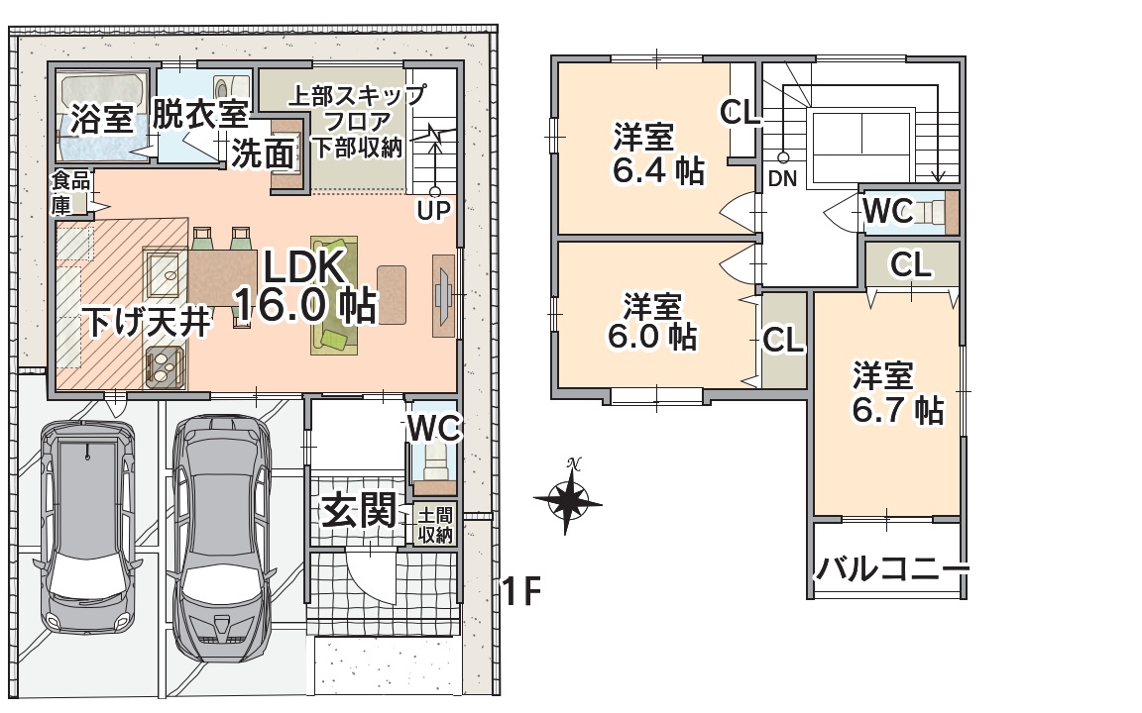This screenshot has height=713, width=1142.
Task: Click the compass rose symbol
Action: (x=568, y=499)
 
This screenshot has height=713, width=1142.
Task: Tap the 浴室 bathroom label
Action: (x=101, y=119)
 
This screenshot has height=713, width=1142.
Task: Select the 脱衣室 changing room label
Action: (x=200, y=114)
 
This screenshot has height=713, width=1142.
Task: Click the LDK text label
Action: (x=303, y=267)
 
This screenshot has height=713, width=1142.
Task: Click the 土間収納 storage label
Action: (x=435, y=525)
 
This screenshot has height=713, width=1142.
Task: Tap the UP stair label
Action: (x=433, y=211)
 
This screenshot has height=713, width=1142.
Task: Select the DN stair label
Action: (x=783, y=179)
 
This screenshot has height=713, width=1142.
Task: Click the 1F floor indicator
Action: (x=522, y=592)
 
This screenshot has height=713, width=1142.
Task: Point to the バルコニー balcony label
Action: (x=891, y=568)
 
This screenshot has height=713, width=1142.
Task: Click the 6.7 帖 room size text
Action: (x=898, y=410)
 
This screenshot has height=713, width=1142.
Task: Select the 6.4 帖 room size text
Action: (x=658, y=171)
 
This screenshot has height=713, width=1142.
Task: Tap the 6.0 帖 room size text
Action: (x=652, y=337)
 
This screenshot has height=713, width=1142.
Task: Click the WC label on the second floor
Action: (x=888, y=212)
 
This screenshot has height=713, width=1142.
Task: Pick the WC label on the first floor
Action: (x=434, y=428)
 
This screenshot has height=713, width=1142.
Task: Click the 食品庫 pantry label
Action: (x=70, y=193)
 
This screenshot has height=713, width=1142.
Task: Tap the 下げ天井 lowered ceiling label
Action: (x=147, y=322)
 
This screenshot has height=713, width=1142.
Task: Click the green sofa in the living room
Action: (x=334, y=295)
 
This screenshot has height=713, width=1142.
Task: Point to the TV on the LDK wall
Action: (x=442, y=295)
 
